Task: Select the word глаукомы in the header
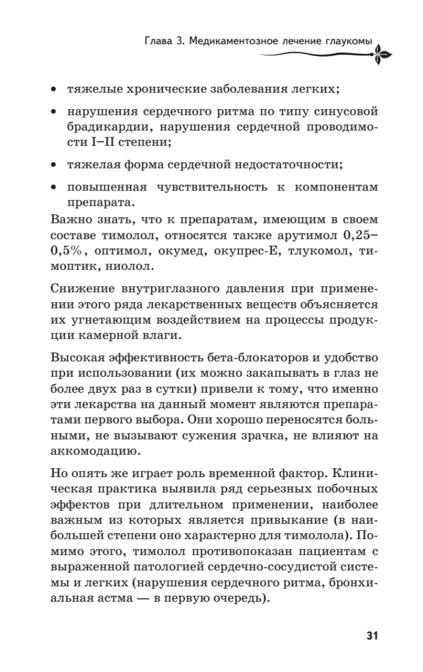click(348, 41)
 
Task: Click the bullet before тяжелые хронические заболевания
click(53, 89)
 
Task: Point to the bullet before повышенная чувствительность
click(53, 186)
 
